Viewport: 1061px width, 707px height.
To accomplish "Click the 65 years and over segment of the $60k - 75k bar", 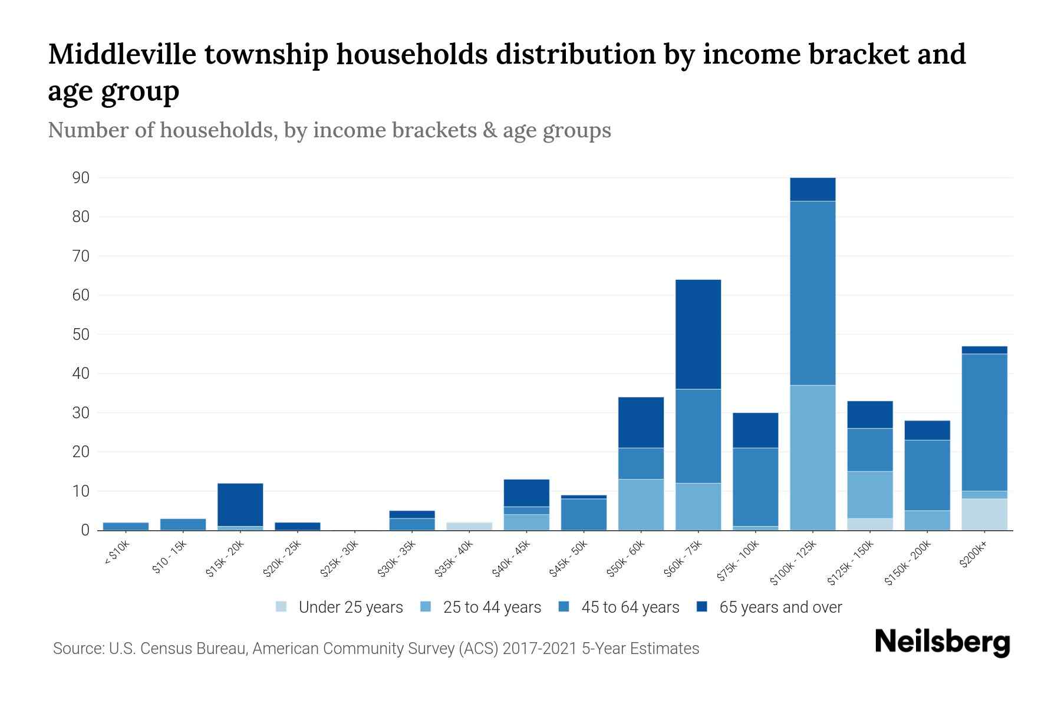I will pyautogui.click(x=698, y=334).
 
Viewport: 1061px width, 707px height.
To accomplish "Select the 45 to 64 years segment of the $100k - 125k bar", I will pyautogui.click(x=812, y=293).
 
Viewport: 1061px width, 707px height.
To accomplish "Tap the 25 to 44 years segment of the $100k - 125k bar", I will pyautogui.click(x=812, y=458).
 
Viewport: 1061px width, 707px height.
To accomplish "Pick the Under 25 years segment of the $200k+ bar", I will pyautogui.click(x=984, y=514).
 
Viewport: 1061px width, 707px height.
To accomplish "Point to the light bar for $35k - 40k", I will pyautogui.click(x=469, y=526).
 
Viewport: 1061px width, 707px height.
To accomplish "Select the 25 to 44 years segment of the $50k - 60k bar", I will pyautogui.click(x=641, y=504).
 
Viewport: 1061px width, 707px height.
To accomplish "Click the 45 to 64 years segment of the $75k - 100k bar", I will pyautogui.click(x=755, y=487).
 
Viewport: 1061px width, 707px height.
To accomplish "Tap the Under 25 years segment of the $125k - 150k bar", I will pyautogui.click(x=869, y=524).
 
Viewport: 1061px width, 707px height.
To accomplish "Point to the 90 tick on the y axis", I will pyautogui.click(x=81, y=178).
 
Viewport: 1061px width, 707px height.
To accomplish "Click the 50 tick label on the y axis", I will pyautogui.click(x=81, y=335).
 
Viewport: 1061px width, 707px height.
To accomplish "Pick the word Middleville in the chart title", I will pyautogui.click(x=122, y=54).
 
